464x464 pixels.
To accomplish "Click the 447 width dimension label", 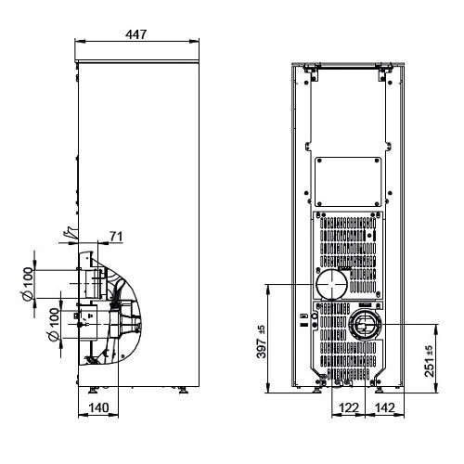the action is tap(135, 34).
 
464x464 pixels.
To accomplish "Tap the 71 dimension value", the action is tap(116, 237).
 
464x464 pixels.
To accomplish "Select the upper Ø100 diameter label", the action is tap(28, 284).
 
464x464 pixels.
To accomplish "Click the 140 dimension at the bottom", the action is tap(98, 407).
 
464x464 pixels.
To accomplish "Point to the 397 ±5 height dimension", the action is tap(262, 342).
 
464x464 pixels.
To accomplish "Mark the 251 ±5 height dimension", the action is tap(430, 361).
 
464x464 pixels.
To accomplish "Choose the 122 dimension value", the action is tap(349, 407).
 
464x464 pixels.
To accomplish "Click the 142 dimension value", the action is tap(385, 407).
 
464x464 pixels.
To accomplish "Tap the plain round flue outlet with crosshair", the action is tap(331, 284).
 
